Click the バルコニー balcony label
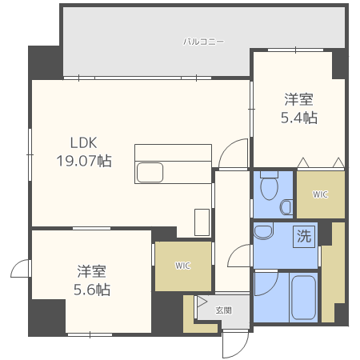pos(203,40)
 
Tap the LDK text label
pos(83,143)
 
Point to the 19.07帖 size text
pos(83,161)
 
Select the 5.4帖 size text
pos(298,118)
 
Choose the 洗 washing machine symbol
pos(304,236)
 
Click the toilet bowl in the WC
pos(269,189)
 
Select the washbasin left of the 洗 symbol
pos(264,234)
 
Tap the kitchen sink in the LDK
pos(150,172)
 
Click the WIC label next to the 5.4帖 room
pos(320,194)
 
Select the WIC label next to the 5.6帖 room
pos(182,266)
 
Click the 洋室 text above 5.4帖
pos(298,100)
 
